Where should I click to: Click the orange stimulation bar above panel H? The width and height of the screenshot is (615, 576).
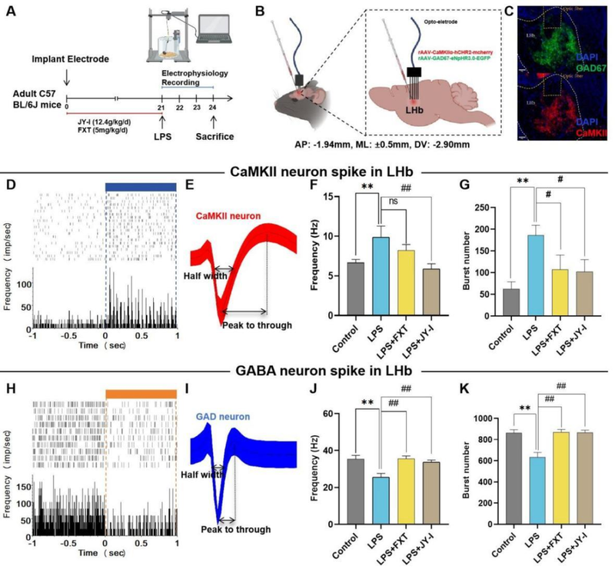[141, 394]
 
